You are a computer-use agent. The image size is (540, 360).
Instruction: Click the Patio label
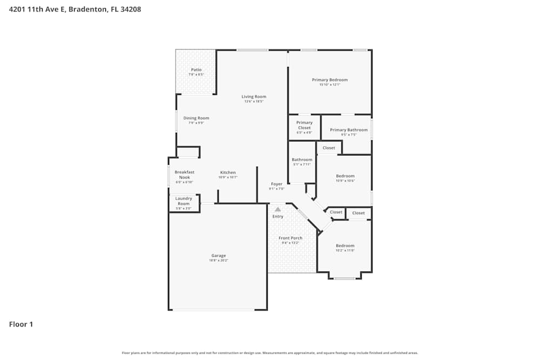point(196,70)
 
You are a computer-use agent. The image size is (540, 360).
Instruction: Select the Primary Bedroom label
point(329,80)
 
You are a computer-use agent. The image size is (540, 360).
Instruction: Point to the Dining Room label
point(196,118)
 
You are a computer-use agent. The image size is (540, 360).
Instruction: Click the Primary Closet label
point(305,125)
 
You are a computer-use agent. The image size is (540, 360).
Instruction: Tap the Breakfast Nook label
point(184,174)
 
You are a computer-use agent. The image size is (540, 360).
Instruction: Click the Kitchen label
point(227,172)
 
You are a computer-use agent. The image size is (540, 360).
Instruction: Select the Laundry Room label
point(184,201)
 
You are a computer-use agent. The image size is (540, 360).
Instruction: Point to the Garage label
point(218,255)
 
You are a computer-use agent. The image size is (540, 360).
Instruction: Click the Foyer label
point(276,184)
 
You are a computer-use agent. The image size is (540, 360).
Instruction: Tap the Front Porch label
point(290,238)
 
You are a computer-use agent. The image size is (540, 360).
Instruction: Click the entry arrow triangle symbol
point(278,209)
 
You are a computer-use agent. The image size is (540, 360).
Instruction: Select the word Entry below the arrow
point(278,216)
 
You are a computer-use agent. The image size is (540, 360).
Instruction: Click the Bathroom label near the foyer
point(302,160)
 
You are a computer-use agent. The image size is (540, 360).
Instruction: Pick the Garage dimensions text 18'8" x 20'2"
point(218,261)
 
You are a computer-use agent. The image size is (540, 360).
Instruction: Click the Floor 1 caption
point(21,324)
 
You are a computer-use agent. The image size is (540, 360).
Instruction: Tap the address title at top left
point(75,9)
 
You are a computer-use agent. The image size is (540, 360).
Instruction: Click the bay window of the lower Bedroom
point(345,279)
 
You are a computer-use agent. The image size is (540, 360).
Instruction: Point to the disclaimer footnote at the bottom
point(270,353)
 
